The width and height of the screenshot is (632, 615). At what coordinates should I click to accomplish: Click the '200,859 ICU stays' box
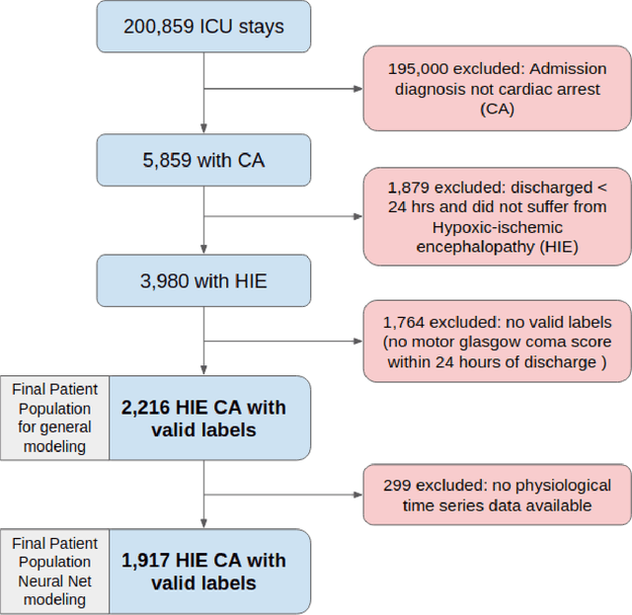point(202,27)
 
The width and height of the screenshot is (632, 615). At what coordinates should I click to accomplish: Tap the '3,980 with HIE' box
point(202,281)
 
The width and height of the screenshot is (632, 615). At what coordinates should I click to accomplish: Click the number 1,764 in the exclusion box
point(406,322)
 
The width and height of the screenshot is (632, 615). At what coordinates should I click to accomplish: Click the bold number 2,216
point(149,407)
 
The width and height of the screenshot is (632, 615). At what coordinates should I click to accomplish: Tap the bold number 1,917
point(149,561)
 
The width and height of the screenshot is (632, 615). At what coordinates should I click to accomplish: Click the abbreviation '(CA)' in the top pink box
point(497,109)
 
